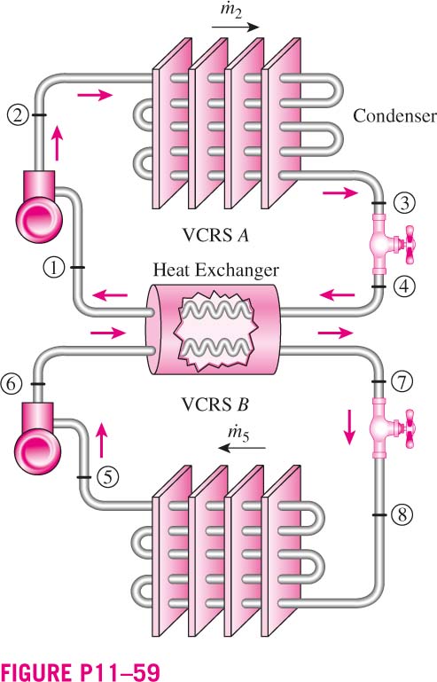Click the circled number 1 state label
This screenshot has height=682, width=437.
[54, 267]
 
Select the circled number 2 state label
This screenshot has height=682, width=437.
[18, 115]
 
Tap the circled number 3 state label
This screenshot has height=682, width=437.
[404, 203]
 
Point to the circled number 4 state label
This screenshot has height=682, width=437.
[404, 286]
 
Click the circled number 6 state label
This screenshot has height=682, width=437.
[11, 384]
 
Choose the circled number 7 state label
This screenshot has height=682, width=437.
[402, 381]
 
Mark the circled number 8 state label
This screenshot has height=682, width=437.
[402, 514]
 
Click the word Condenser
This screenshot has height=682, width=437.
[394, 115]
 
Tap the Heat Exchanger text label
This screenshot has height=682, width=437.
[215, 270]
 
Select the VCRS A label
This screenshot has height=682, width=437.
[215, 235]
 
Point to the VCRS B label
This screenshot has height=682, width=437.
[215, 405]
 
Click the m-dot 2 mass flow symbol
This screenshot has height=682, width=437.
[230, 11]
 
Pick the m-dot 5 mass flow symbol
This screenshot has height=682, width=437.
[238, 434]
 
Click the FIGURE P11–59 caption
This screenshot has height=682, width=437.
[81, 671]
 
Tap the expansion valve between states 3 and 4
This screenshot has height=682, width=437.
[390, 245]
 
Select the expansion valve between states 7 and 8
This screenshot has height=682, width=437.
[390, 428]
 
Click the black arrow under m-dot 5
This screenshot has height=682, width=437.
[242, 448]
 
